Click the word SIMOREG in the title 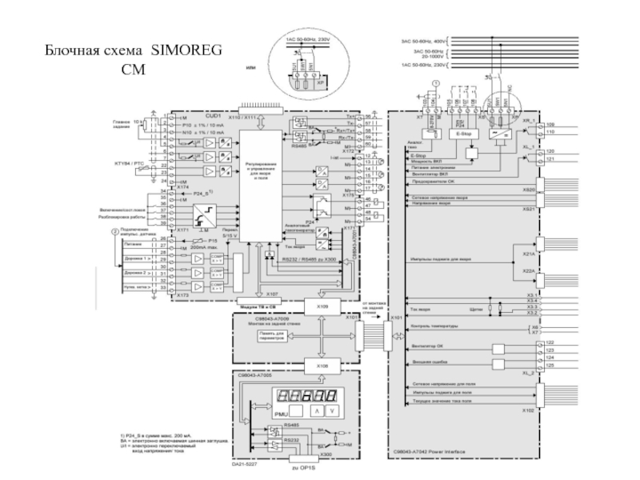186,52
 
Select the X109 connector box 322,306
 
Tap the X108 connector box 322,366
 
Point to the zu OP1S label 301,466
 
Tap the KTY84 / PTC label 130,162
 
